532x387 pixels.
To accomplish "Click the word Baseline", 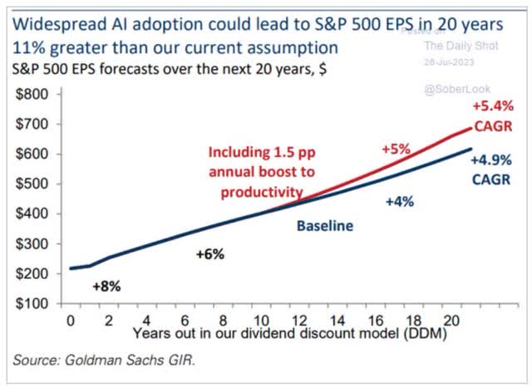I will point(326,225).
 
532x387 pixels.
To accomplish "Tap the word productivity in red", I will point(260,192).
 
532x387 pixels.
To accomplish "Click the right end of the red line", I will point(471,126).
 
